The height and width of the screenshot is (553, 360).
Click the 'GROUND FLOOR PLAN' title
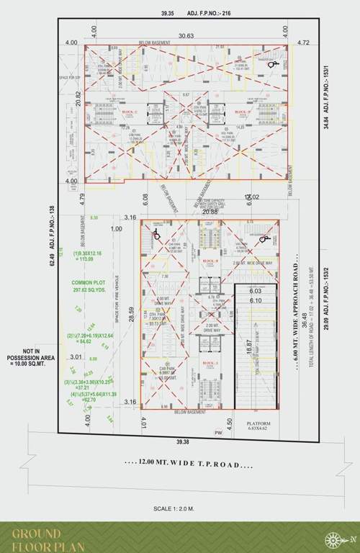[x=47, y=539]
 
